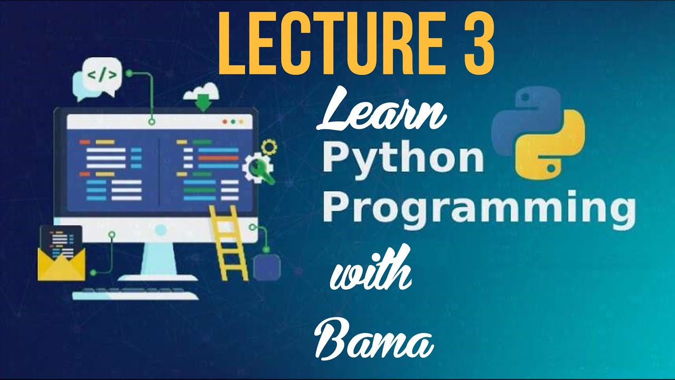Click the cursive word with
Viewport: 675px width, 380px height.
371,269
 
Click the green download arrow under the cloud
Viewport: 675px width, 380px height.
203,102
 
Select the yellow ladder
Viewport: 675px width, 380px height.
229,243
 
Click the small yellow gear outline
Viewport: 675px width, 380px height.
269,147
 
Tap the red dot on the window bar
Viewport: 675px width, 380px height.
225,122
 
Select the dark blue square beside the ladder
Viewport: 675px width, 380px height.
267,267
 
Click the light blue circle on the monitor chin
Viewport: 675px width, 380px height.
161,230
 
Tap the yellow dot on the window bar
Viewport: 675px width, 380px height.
241,122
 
